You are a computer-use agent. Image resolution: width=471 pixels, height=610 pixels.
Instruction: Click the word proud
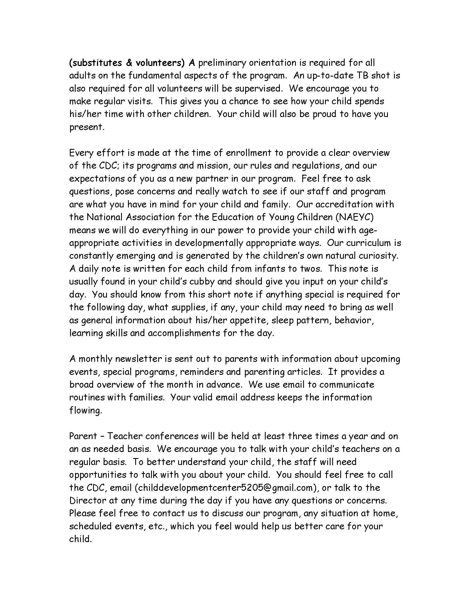coord(324,114)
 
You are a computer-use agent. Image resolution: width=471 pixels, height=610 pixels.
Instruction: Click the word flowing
coord(86,411)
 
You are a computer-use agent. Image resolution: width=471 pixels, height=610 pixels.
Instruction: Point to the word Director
coord(88,500)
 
